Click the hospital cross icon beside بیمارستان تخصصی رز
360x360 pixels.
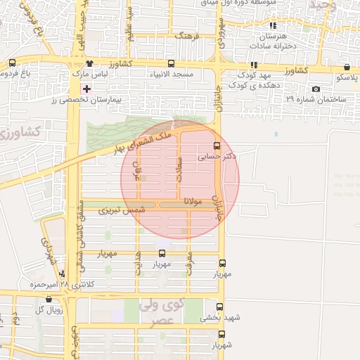click(87, 89)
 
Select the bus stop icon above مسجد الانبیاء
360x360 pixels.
click(171, 63)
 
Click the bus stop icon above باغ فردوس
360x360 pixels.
click(12, 63)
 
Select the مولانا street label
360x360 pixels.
click(193, 201)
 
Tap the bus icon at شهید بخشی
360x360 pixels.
click(220, 307)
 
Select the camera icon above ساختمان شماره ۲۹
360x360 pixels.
click(316, 89)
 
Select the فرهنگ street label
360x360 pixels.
click(188, 34)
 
